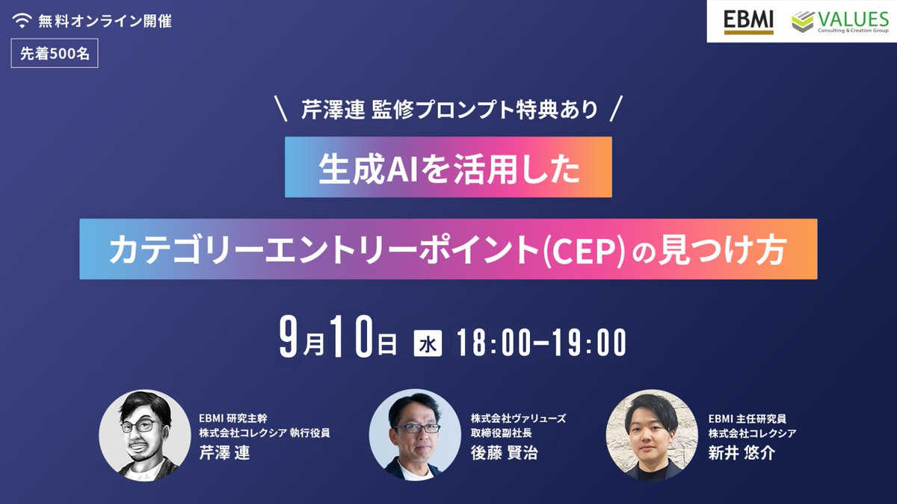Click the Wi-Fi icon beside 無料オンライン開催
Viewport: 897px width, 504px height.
tap(22, 21)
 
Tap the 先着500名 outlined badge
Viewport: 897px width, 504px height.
tap(55, 55)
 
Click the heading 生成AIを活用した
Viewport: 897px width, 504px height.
tap(449, 167)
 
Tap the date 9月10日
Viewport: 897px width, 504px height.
tap(336, 343)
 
